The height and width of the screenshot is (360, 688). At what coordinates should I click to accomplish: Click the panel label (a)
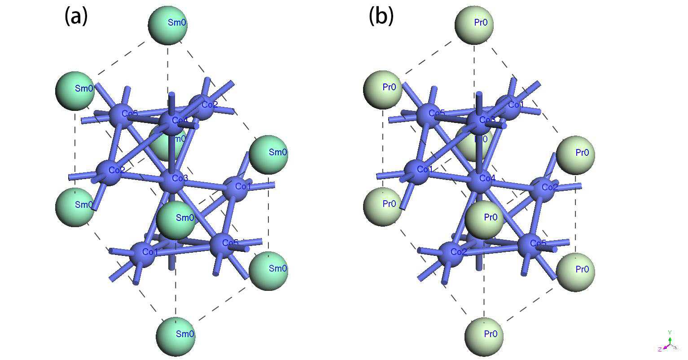pyautogui.click(x=76, y=17)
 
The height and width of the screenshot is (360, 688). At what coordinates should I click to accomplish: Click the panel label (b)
pyautogui.click(x=381, y=17)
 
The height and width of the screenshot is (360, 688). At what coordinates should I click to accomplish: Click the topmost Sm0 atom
pyautogui.click(x=168, y=25)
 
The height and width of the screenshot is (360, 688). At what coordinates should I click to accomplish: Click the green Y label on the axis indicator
pyautogui.click(x=670, y=333)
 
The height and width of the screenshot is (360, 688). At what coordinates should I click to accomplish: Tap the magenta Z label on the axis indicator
pyautogui.click(x=660, y=349)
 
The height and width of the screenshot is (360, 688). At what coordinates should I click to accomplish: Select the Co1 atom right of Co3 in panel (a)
pyautogui.click(x=236, y=188)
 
